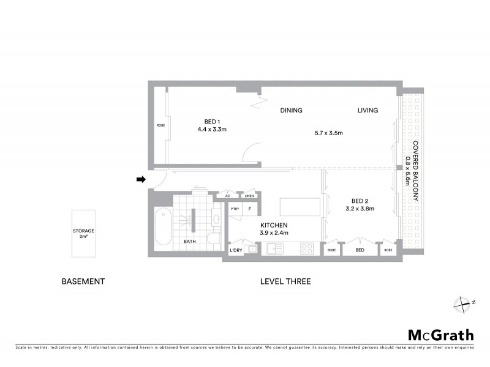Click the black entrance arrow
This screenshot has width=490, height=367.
[141, 179]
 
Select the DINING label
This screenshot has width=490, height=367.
[292, 111]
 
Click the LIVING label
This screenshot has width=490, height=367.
[368, 111]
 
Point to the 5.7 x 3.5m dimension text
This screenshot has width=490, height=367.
[328, 133]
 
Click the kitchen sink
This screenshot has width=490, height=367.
[273, 249]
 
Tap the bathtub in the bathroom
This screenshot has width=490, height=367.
[164, 229]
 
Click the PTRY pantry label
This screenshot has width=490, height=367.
[235, 209]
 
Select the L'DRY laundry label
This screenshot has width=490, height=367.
[235, 250]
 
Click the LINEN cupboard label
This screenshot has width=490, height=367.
[249, 196]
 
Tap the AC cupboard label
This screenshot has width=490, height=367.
[227, 196]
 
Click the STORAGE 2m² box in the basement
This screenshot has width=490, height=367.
[83, 233]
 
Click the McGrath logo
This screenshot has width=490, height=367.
[441, 335]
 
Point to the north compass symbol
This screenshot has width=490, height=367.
[465, 302]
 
